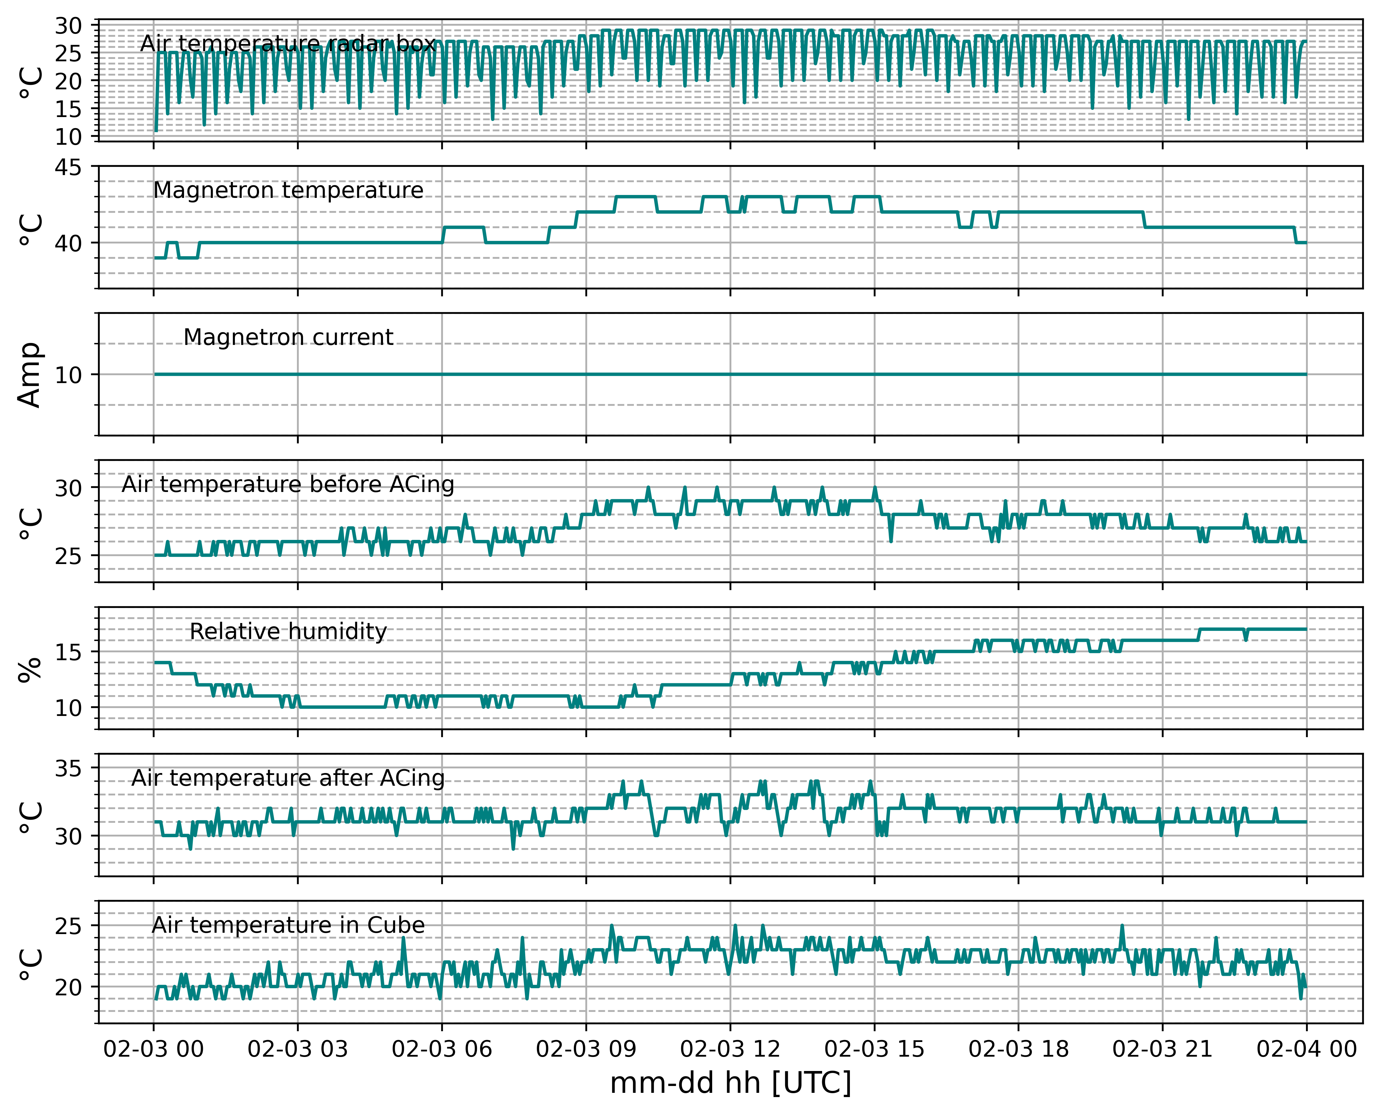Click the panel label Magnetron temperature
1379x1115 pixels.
288,191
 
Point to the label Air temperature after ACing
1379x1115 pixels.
288,779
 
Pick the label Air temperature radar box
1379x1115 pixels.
288,44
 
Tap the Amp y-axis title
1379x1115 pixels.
30,375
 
